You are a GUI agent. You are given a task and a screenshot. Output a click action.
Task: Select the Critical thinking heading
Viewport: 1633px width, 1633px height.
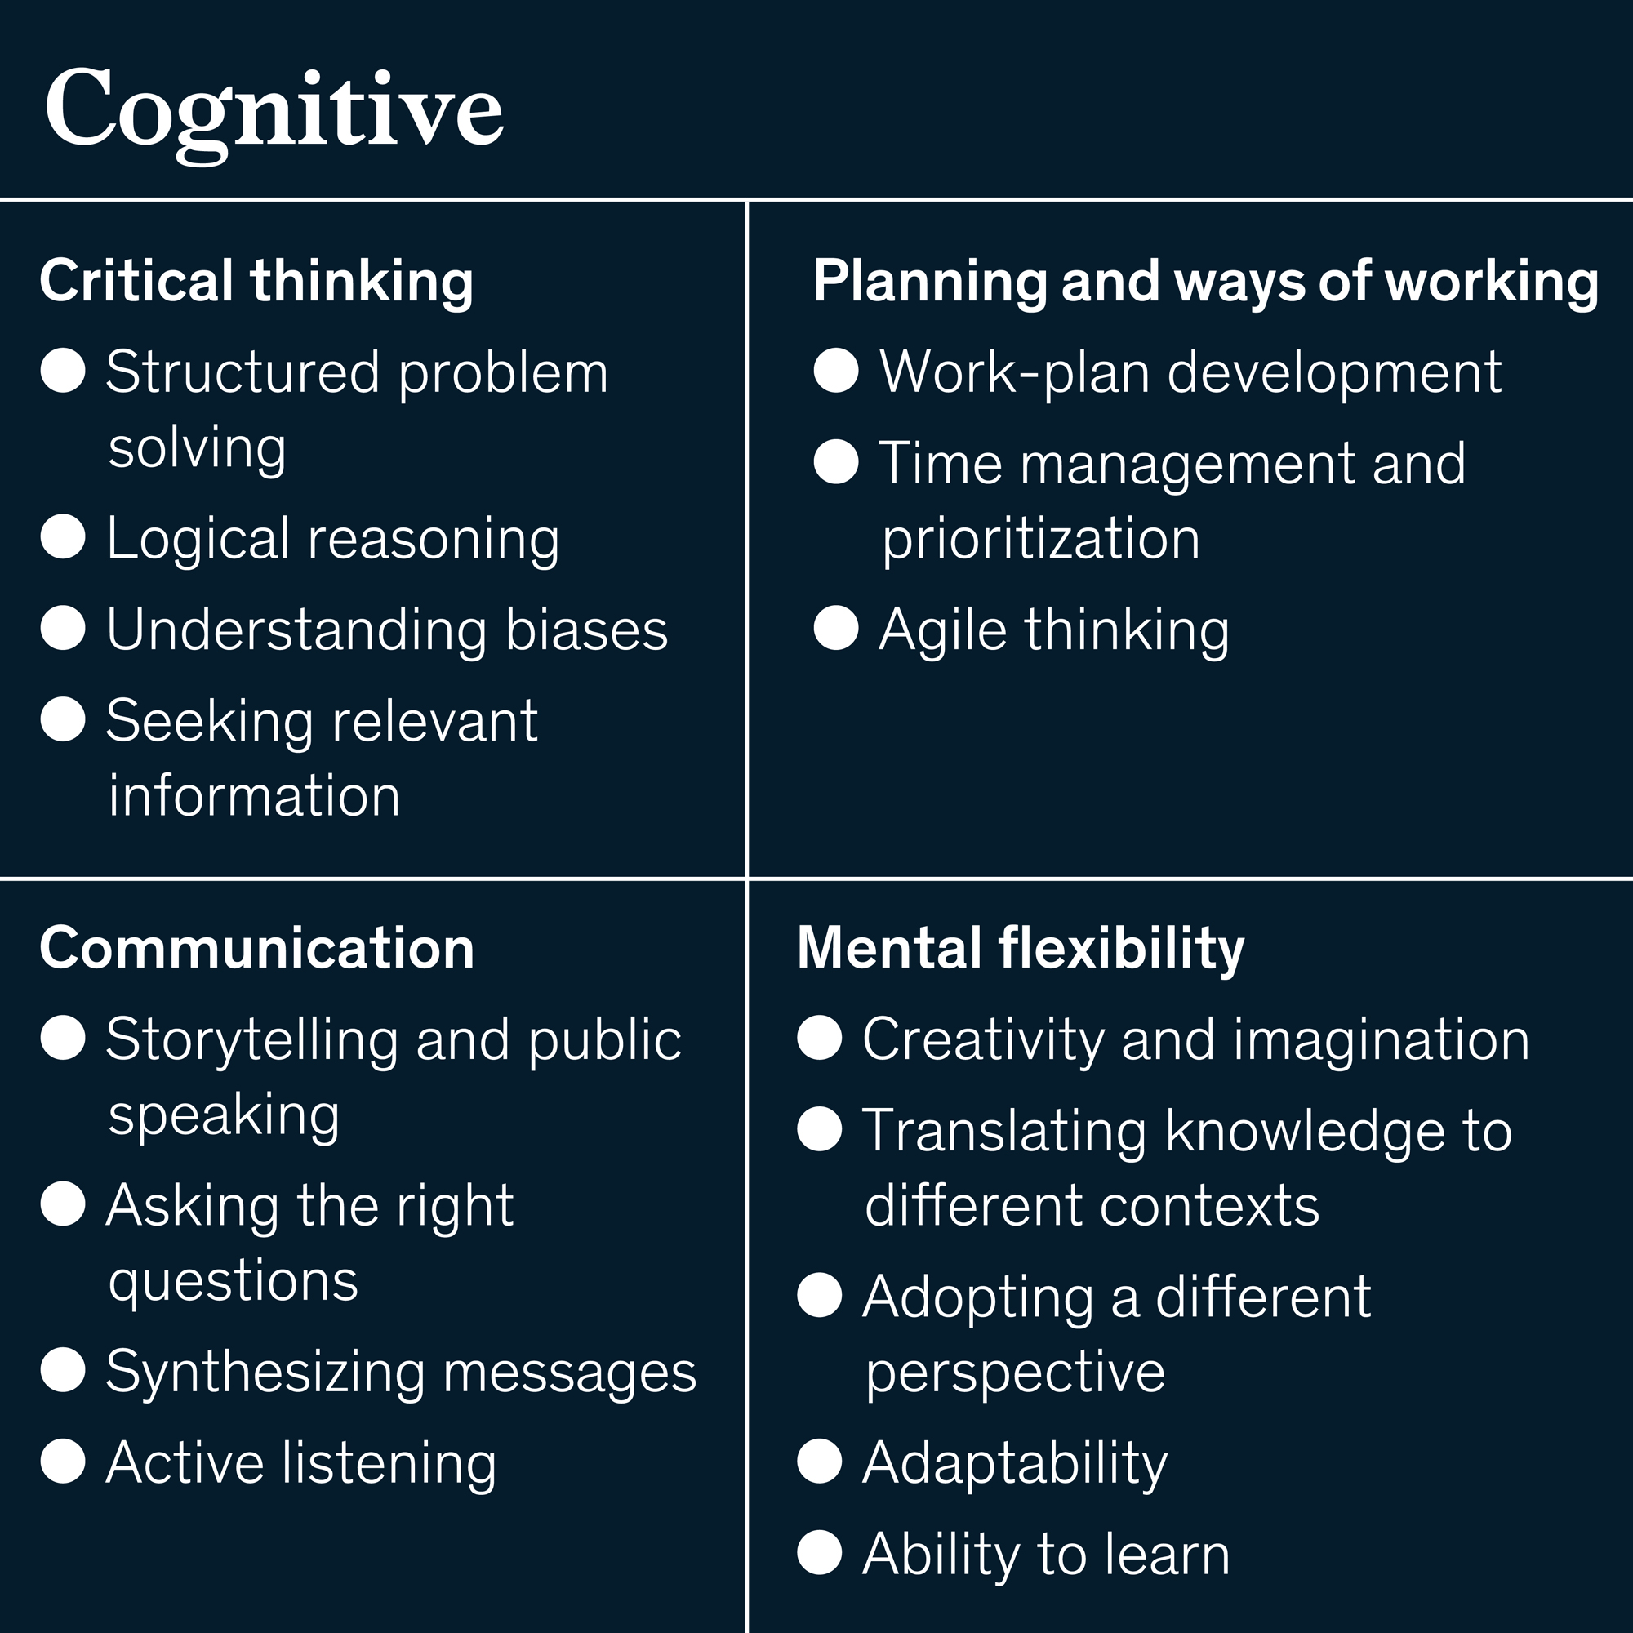(x=256, y=281)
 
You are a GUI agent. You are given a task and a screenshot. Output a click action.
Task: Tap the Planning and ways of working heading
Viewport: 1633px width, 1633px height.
(x=1205, y=281)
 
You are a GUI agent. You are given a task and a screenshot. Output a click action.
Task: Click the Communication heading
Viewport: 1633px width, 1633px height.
(x=257, y=947)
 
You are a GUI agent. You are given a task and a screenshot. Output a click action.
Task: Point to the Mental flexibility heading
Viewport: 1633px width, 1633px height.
(x=1020, y=947)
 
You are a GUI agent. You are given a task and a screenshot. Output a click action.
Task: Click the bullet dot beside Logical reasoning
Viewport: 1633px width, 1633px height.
(x=64, y=536)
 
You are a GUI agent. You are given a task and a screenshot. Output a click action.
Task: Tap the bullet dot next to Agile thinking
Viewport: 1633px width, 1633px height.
(x=836, y=628)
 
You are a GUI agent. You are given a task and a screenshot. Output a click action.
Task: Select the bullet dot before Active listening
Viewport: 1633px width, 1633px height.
(x=64, y=1462)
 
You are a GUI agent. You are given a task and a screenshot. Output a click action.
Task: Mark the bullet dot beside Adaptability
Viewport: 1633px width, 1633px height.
(x=819, y=1462)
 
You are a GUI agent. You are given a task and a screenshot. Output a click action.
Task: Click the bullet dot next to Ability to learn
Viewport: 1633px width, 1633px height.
(x=819, y=1553)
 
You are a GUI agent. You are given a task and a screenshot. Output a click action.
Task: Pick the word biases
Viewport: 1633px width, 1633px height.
(x=585, y=630)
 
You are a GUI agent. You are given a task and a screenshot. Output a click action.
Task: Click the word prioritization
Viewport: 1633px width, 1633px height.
(x=1040, y=538)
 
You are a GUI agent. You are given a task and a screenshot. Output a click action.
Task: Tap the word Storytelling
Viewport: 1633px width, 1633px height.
(x=251, y=1039)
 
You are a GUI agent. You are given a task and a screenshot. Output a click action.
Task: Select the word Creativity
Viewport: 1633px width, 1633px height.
(x=983, y=1039)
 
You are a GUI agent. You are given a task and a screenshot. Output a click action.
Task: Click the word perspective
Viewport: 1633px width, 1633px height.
(x=1015, y=1373)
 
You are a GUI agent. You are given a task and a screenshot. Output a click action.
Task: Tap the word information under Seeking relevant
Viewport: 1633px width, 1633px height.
(x=255, y=796)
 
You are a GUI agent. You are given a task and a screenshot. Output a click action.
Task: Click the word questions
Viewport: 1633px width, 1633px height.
(x=234, y=1281)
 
